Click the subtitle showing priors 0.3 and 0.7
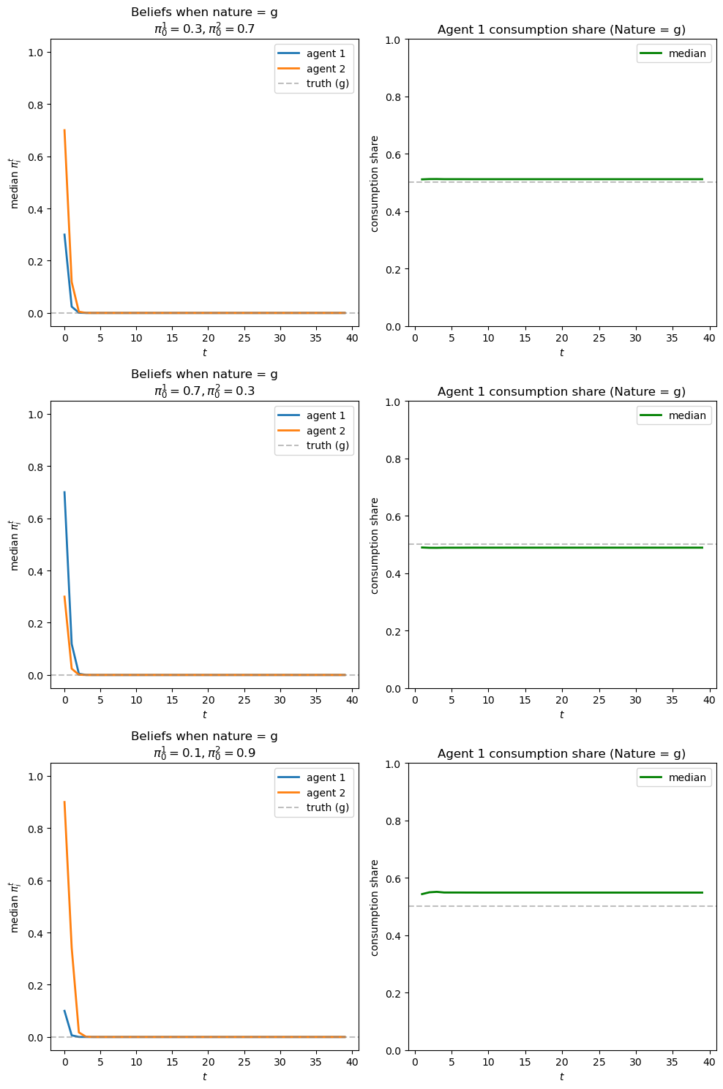tap(204, 29)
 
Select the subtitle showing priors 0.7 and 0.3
tap(204, 391)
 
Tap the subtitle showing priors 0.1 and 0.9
tap(204, 753)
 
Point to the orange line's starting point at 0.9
tap(64, 802)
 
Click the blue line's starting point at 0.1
tap(64, 1011)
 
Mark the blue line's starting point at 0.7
tap(64, 492)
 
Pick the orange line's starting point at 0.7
tap(64, 130)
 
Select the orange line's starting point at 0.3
tap(64, 597)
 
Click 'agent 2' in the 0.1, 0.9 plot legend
tap(326, 793)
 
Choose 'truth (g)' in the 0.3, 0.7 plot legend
tap(327, 83)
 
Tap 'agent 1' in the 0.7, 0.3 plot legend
tap(326, 415)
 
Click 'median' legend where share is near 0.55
tap(687, 777)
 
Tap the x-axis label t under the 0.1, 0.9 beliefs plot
tap(204, 1076)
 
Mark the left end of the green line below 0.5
tap(422, 547)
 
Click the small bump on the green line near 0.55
tap(435, 892)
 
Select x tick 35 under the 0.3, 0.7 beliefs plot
tap(316, 338)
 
